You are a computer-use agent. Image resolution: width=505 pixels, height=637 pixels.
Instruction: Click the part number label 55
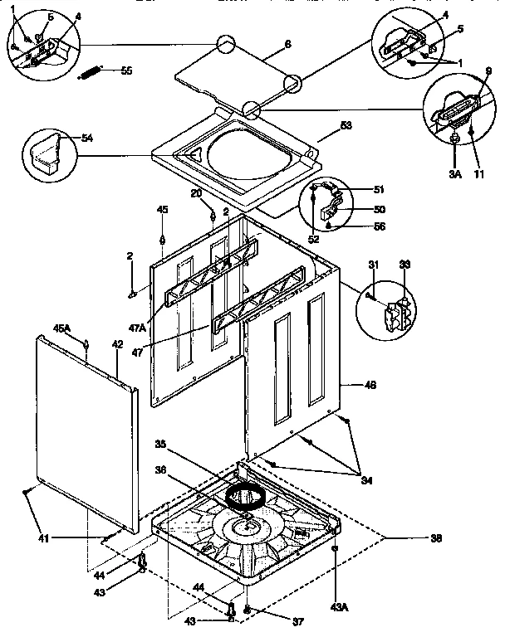point(126,71)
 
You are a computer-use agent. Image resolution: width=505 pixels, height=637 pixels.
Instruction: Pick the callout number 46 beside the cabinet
point(370,386)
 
